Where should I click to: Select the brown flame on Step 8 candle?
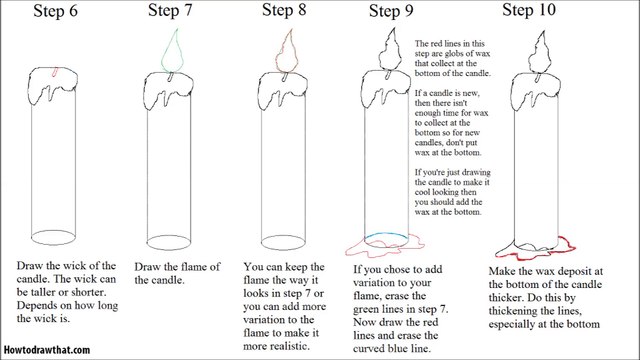point(291,50)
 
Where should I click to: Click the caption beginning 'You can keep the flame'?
point(286,300)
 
